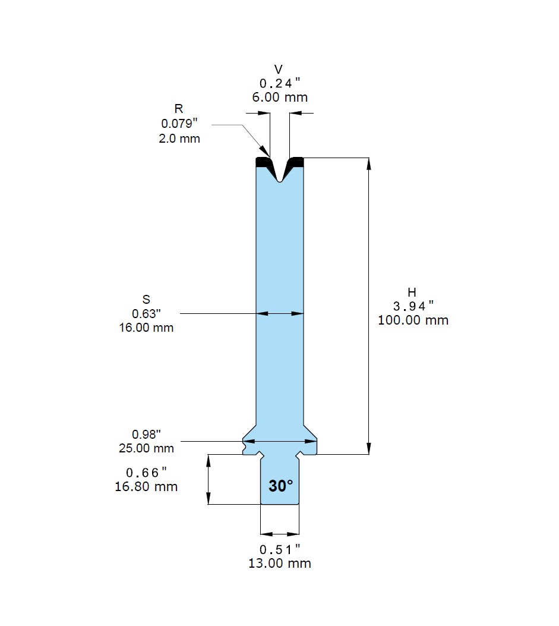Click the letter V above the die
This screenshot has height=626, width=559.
pyautogui.click(x=279, y=70)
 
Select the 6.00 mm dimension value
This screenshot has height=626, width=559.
pyautogui.click(x=280, y=97)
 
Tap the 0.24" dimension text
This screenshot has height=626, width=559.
pyautogui.click(x=280, y=83)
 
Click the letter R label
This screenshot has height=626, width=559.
pyautogui.click(x=179, y=109)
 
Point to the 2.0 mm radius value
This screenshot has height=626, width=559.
pyautogui.click(x=179, y=139)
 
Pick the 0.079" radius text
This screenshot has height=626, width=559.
pyautogui.click(x=179, y=124)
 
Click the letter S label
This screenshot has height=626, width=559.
pyautogui.click(x=146, y=299)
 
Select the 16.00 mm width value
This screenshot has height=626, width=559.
pyautogui.click(x=146, y=328)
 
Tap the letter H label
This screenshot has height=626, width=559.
pyautogui.click(x=412, y=292)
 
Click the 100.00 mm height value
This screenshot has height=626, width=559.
pyautogui.click(x=413, y=320)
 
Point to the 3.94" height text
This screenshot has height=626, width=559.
pyautogui.click(x=413, y=306)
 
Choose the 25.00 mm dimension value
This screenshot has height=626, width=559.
pyautogui.click(x=146, y=448)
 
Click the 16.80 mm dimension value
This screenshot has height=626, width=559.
pyautogui.click(x=146, y=487)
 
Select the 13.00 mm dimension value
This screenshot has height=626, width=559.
pyautogui.click(x=280, y=564)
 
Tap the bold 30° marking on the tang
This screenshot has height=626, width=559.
pyautogui.click(x=280, y=486)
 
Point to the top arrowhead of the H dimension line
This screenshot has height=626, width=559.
pyautogui.click(x=369, y=164)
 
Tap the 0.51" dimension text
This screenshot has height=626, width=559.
pyautogui.click(x=280, y=549)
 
